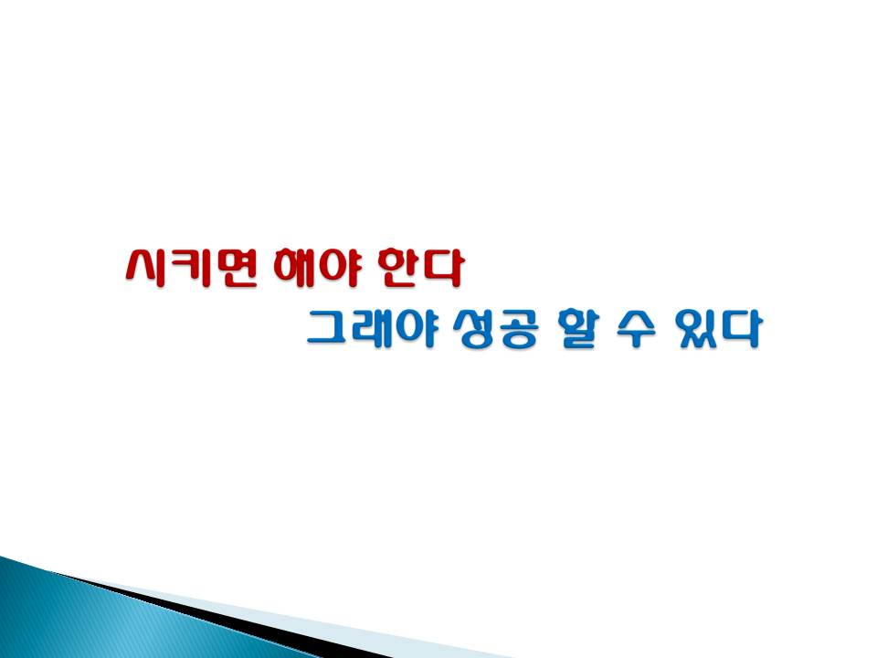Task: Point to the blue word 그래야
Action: [372, 328]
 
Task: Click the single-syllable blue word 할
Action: [578, 328]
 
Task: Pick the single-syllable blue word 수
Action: [637, 328]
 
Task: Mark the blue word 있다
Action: [718, 328]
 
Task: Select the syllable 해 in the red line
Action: [295, 268]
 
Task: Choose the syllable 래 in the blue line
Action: [372, 328]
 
